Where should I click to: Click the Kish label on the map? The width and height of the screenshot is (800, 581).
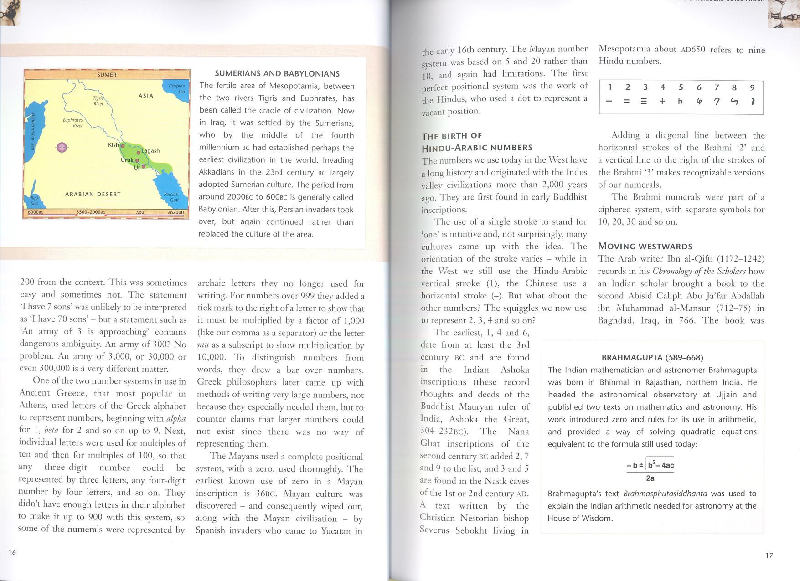[x=113, y=145]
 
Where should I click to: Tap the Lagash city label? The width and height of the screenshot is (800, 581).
[x=150, y=151]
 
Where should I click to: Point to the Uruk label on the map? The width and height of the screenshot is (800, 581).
[x=127, y=160]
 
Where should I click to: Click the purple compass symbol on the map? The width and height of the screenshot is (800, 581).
[x=62, y=147]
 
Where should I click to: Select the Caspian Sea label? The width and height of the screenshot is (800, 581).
[x=177, y=88]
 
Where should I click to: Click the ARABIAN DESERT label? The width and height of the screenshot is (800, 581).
[x=93, y=194]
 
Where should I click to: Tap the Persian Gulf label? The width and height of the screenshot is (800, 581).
[x=171, y=197]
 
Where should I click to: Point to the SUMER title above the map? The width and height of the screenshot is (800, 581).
[x=107, y=75]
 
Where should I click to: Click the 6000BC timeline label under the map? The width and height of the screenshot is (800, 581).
[x=36, y=212]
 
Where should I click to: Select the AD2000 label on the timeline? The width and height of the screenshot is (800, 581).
[x=175, y=213]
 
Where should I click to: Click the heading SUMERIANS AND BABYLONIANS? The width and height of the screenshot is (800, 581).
[x=277, y=73]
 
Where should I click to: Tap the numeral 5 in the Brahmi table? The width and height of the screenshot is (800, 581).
[x=681, y=87]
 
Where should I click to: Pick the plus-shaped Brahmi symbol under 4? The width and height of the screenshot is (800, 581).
[x=662, y=102]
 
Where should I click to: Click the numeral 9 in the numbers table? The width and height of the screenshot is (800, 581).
[x=752, y=87]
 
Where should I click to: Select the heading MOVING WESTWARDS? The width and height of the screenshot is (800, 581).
[x=645, y=246]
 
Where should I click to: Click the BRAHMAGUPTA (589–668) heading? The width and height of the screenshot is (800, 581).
[x=652, y=357]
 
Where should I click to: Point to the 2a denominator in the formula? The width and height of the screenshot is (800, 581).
[x=650, y=478]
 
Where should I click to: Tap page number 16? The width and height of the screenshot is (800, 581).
[x=12, y=552]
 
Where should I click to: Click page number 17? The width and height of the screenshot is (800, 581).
[x=769, y=555]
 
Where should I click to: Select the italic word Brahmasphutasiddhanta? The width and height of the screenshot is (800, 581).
[x=665, y=494]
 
